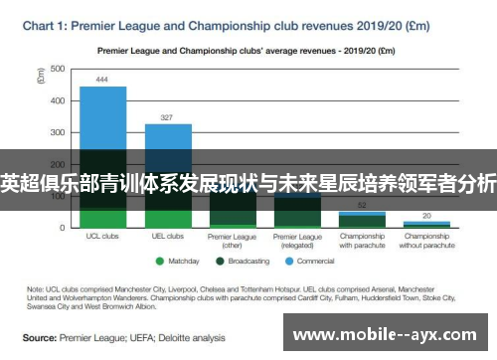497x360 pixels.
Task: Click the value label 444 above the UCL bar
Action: pos(102,80)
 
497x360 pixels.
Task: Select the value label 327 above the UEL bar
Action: pos(168,116)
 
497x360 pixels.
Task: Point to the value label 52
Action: pos(364,205)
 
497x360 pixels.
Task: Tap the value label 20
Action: pos(426,215)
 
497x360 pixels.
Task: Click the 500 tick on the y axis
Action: pos(57,69)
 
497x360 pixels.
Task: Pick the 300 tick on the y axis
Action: pos(57,132)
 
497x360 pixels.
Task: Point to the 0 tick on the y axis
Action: pos(61,227)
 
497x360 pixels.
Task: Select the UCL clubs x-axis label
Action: pos(102,237)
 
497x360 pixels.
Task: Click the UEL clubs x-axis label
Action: pos(168,237)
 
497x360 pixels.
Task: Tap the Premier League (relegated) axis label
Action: pos(297,241)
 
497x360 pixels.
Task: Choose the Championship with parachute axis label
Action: pos(363,241)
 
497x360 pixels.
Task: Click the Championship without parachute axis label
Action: pos(426,241)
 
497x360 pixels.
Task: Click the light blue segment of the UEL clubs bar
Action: pos(168,136)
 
